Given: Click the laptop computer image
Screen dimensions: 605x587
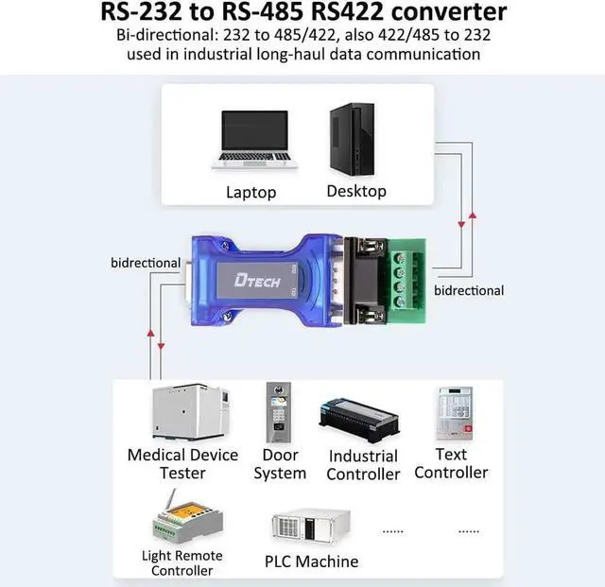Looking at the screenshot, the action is click(251, 140).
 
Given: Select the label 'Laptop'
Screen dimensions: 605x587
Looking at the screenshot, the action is click(251, 192).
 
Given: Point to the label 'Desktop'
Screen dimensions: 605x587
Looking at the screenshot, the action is click(356, 191).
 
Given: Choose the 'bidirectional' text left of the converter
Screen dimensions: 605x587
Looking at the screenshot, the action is click(146, 262).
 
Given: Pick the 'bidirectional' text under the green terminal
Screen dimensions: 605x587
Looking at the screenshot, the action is click(469, 290).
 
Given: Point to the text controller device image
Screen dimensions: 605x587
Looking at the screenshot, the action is click(453, 414).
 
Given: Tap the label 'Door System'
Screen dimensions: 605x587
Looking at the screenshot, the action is click(280, 464).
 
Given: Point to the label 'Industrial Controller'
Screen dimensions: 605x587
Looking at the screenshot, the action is click(363, 465).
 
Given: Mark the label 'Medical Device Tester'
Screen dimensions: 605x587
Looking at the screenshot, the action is click(182, 464).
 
